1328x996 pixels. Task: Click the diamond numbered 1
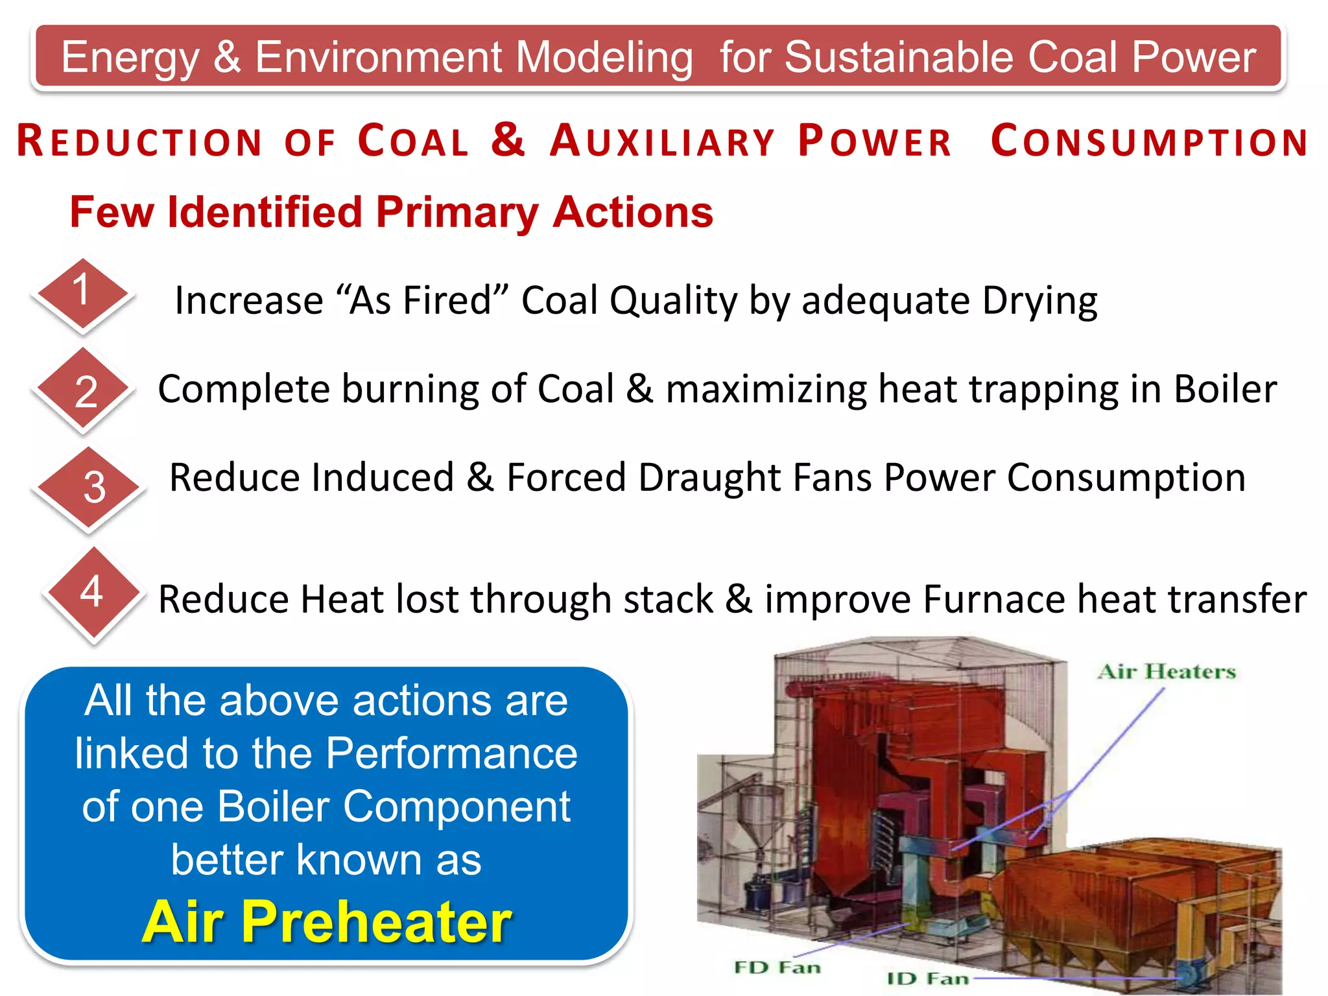click(x=82, y=293)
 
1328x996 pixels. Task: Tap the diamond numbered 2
click(x=84, y=390)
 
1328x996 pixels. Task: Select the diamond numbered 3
click(x=91, y=488)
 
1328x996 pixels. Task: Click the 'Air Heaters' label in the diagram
click(x=1167, y=672)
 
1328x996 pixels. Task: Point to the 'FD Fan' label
click(x=777, y=967)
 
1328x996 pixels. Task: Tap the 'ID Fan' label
click(x=928, y=978)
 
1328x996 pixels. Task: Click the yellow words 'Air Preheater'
click(x=327, y=921)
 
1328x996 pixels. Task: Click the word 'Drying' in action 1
click(x=1039, y=302)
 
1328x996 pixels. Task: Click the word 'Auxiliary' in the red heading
click(x=662, y=141)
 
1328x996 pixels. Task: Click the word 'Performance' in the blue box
click(x=451, y=753)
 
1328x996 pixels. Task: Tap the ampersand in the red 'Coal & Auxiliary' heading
click(x=508, y=139)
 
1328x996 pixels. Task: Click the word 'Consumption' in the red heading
click(x=1149, y=141)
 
